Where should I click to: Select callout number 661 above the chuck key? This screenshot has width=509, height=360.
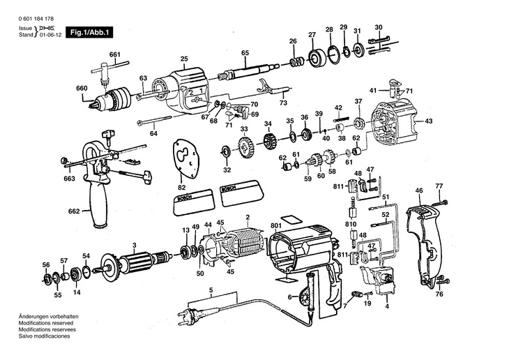[115, 54]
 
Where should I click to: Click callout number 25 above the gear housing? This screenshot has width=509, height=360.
[184, 59]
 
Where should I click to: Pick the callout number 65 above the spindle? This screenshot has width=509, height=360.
[245, 53]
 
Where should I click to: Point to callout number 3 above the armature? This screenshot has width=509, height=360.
[134, 243]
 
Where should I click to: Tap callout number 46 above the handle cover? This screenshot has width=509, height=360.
[419, 190]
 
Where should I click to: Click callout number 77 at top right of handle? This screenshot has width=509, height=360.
[439, 186]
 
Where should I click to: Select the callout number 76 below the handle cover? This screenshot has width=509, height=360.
[439, 294]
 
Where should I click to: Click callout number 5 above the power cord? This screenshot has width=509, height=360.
[211, 290]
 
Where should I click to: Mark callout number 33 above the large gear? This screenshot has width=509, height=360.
[244, 129]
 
